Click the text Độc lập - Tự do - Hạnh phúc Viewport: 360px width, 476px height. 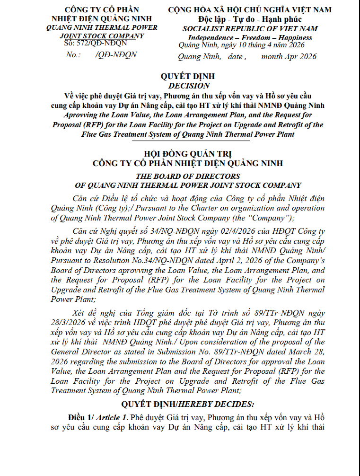point(250,19)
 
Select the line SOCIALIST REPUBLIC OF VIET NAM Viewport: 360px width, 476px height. point(250,29)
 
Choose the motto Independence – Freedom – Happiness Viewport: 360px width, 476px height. point(250,38)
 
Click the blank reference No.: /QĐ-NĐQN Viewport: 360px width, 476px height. point(102,55)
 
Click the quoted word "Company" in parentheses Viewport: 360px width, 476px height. point(274,218)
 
